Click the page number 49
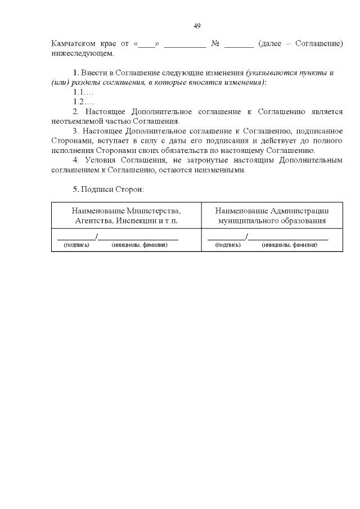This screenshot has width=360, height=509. pyautogui.click(x=197, y=26)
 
